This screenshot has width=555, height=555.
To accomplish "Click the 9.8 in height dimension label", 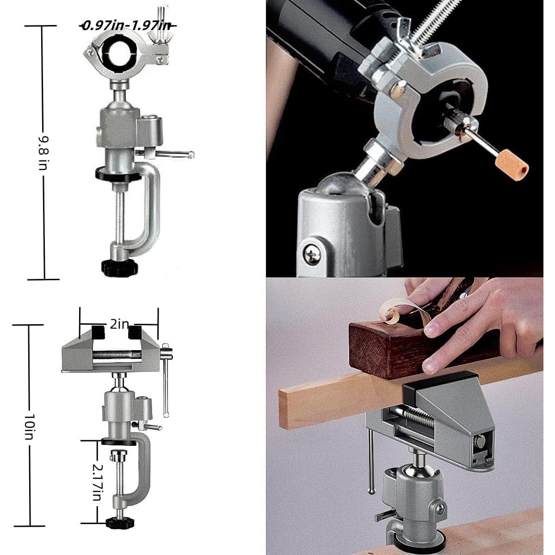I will coord(43,152).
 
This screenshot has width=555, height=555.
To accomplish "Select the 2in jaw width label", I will coord(119,324).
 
